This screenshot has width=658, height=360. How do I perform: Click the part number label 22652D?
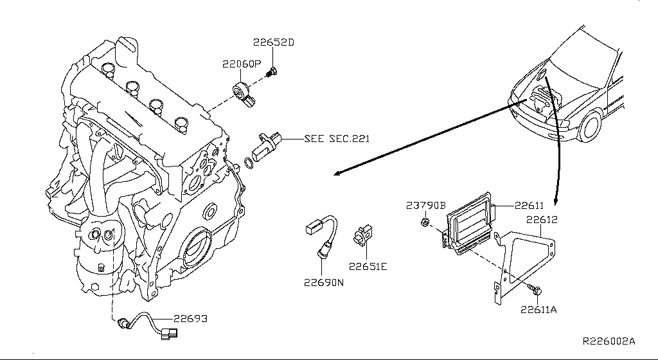pos(273,42)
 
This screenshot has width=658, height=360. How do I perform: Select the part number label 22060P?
pos(242,64)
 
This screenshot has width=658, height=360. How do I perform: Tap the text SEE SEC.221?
pos(337,138)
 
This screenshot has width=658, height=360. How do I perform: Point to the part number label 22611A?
pos(538,310)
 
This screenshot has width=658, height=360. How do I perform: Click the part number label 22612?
pos(542,219)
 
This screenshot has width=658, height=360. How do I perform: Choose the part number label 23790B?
pos(425,206)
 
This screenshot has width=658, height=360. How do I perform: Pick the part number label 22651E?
pos(368,266)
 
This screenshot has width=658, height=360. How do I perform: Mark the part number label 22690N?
pos(324,282)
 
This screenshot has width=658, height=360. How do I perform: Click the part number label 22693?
pos(190,318)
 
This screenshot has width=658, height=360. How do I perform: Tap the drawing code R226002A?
pos(609,341)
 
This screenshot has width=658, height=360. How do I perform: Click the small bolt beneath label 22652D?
pos(272,73)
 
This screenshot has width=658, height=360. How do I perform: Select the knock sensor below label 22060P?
pos(244,94)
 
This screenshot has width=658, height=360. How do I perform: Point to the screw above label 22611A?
pos(535,289)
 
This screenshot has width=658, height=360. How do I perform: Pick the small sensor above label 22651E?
pos(362,236)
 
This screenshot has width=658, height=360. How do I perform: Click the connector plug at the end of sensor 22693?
pos(169,333)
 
